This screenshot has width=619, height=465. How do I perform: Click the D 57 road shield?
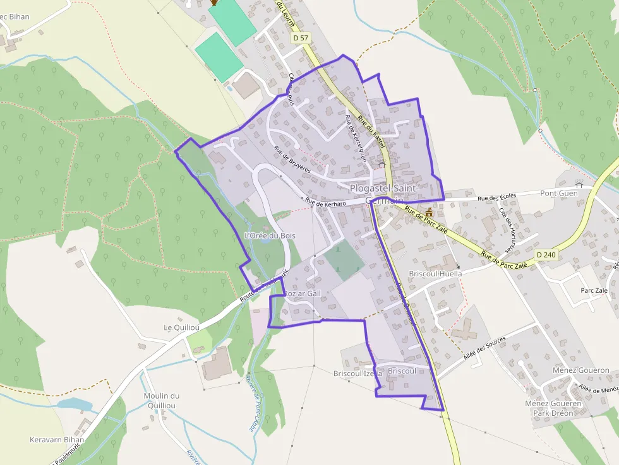(x=301, y=38)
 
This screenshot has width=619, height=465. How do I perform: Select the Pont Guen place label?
(x=559, y=193)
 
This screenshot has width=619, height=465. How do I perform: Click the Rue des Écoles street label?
(x=496, y=197)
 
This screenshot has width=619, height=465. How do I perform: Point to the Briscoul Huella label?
(x=435, y=274)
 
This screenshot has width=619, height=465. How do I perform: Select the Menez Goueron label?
(x=580, y=370)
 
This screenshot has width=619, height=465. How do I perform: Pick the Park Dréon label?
(x=553, y=413)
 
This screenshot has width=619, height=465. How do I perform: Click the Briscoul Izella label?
(x=358, y=374)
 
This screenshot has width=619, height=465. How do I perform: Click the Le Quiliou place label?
(x=182, y=327)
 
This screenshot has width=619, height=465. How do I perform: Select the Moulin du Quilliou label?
(x=162, y=401)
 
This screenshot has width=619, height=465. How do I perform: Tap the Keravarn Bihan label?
(x=57, y=439)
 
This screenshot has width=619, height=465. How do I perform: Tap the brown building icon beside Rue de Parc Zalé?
(x=430, y=212)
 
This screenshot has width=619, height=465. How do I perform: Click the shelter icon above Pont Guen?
(x=579, y=184)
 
